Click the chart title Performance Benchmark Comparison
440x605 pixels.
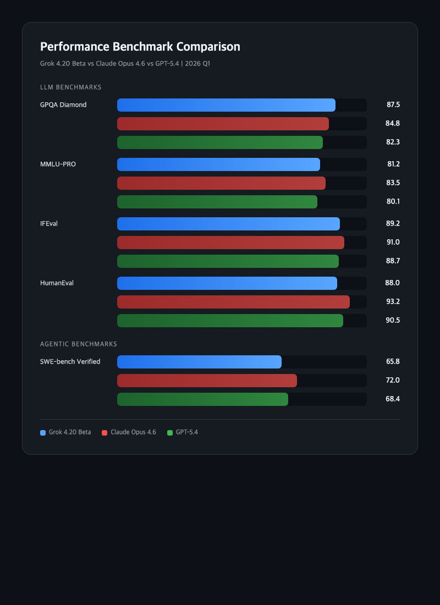[x=140, y=47]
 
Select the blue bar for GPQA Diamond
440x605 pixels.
[x=226, y=105]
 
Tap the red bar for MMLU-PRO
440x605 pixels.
[x=221, y=183]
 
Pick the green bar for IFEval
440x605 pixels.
[x=228, y=261]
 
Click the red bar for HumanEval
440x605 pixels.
[x=233, y=302]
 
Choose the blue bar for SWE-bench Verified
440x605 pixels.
[x=199, y=362]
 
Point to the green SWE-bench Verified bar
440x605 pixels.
[x=202, y=399]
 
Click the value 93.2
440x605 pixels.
[x=393, y=302]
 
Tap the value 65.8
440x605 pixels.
[x=393, y=362]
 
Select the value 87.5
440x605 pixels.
[x=393, y=105]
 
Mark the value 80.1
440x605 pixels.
[x=393, y=202]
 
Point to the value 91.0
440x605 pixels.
[x=393, y=243]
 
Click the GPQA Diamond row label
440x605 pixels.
[x=63, y=105]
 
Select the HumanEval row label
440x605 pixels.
[x=57, y=283]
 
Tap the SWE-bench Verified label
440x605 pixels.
[x=70, y=362]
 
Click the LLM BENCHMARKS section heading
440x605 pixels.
[x=70, y=87]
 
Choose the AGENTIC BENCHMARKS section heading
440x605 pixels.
[x=79, y=344]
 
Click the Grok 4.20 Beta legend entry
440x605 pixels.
[x=65, y=432]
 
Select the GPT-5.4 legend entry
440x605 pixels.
[x=183, y=432]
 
